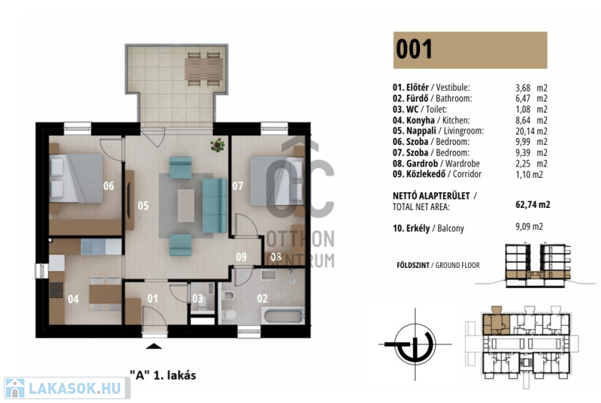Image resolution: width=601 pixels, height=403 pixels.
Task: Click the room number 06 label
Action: (x=108, y=186)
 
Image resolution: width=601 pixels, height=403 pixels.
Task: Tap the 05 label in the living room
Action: (x=143, y=206)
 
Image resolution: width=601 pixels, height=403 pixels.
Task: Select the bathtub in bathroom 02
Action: (x=284, y=316)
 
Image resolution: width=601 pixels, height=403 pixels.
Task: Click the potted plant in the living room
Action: (x=217, y=145)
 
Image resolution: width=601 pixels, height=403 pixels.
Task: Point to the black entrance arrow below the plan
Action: (x=154, y=347)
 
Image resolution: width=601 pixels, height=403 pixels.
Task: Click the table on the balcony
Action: (x=204, y=69)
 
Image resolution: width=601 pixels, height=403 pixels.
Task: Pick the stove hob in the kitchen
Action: (x=56, y=290)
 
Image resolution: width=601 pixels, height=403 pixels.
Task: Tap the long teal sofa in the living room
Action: (x=214, y=206)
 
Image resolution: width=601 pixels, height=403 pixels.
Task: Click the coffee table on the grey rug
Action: (x=186, y=206)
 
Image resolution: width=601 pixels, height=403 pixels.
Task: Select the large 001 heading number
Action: (x=414, y=50)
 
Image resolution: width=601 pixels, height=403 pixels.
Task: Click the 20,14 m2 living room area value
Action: (x=531, y=131)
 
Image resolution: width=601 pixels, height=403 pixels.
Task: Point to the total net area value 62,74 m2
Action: (x=533, y=204)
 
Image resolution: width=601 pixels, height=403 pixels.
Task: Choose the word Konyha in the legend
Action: (x=421, y=120)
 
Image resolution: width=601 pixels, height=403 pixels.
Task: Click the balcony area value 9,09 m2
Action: (x=529, y=227)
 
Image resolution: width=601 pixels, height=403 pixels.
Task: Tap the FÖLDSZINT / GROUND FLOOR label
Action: (x=438, y=265)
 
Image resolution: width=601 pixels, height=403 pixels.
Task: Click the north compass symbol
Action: (x=415, y=344)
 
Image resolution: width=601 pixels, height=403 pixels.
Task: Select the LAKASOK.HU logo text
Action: (x=75, y=389)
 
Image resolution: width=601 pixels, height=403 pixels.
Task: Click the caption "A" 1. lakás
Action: (x=163, y=375)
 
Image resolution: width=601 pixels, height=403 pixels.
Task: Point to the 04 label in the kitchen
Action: (x=73, y=299)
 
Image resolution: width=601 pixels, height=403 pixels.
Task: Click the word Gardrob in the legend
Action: (x=422, y=164)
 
